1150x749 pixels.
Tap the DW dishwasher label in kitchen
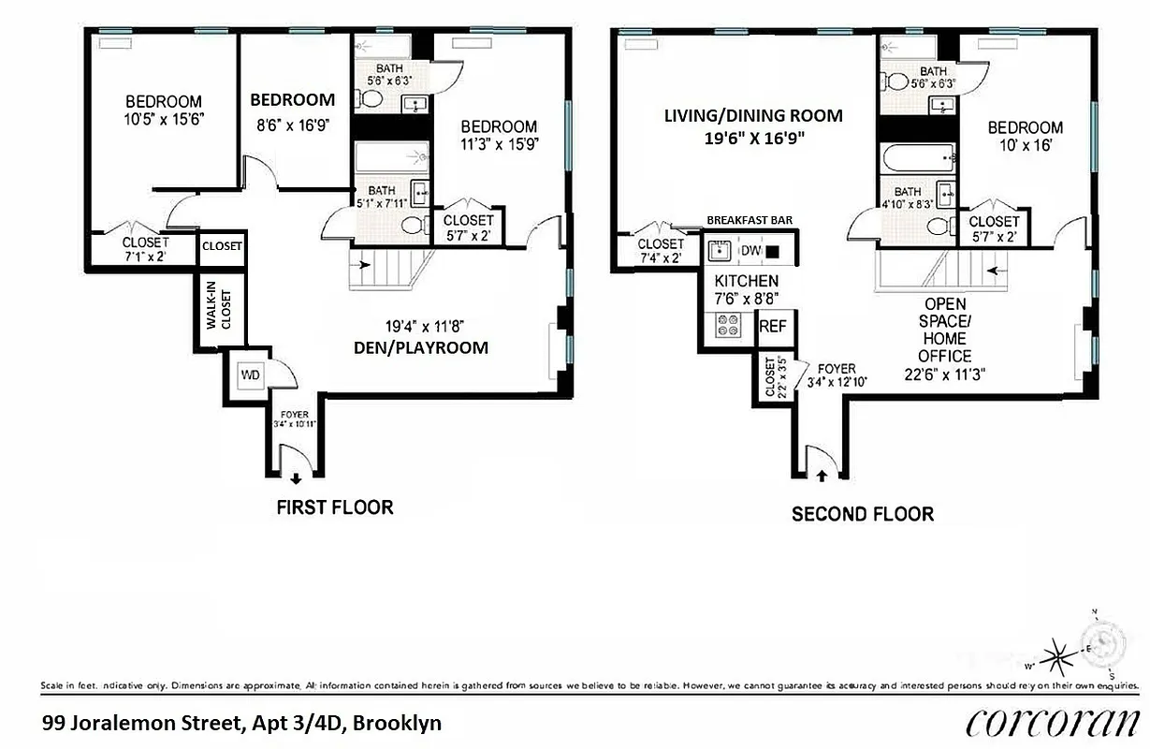(x=750, y=251)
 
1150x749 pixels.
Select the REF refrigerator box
(x=772, y=327)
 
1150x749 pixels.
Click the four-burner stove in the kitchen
(x=728, y=325)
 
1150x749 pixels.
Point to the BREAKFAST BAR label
(x=750, y=220)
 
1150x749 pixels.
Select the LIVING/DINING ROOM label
(x=753, y=116)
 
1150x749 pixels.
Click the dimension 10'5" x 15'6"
(x=164, y=119)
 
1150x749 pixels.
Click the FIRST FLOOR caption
(x=334, y=507)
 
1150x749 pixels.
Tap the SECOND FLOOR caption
(x=862, y=514)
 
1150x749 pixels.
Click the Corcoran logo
(x=1051, y=722)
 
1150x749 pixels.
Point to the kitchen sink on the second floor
(x=719, y=251)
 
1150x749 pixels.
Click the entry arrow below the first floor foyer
(x=296, y=478)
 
